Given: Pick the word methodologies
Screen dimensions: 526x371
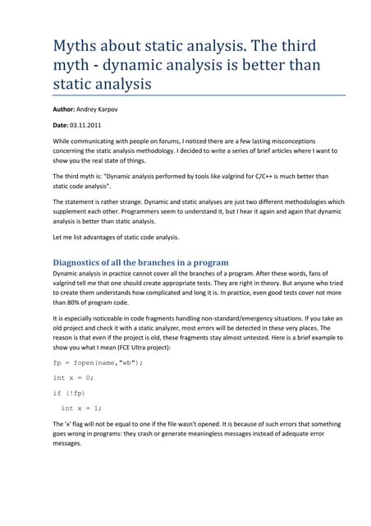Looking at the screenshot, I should pos(295,201).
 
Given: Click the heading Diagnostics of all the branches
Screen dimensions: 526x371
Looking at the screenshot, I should pos(140,262).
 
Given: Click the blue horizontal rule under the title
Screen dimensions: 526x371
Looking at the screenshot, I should pos(185,95).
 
